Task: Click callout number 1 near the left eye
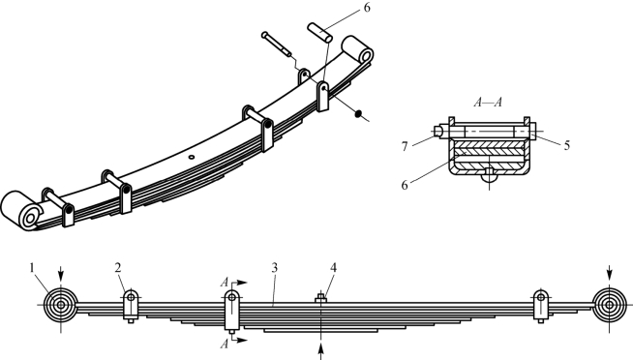pos(32,267)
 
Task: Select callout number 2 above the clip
pos(117,267)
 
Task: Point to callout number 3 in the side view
pos(274,267)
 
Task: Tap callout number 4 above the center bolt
pos(333,267)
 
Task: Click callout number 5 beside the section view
pos(566,146)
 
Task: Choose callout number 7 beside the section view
pos(405,146)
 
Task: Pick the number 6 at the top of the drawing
pos(367,8)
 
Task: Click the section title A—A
pos(488,103)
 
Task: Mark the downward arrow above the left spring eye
pos(61,274)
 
